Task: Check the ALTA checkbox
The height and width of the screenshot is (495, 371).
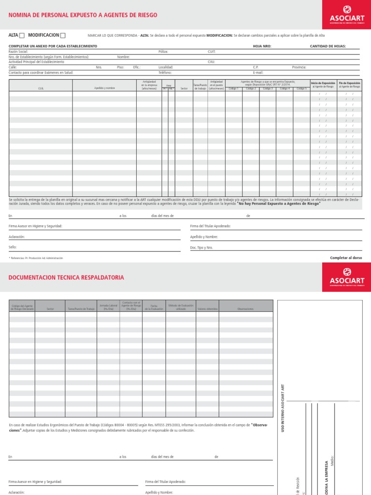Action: click(22, 36)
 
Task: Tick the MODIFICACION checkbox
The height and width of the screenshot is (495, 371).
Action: click(63, 36)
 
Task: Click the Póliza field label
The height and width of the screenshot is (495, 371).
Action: click(163, 51)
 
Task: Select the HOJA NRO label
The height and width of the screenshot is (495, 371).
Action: click(262, 46)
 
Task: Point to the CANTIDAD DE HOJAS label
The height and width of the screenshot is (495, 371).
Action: click(328, 46)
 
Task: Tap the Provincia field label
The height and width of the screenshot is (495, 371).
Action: click(299, 67)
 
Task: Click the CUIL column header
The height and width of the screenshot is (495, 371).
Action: click(41, 88)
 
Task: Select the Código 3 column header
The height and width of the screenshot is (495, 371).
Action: click(268, 88)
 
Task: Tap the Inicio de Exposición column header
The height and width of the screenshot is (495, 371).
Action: click(322, 85)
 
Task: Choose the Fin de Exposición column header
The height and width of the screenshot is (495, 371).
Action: click(349, 85)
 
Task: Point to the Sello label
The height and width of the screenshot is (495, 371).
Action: click(13, 247)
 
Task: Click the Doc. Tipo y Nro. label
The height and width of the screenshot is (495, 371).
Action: click(201, 247)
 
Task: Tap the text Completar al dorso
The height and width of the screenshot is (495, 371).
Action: click(346, 258)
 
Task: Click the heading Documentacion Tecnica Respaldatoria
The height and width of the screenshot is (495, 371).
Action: click(66, 277)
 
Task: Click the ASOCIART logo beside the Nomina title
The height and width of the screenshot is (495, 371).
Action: click(347, 15)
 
